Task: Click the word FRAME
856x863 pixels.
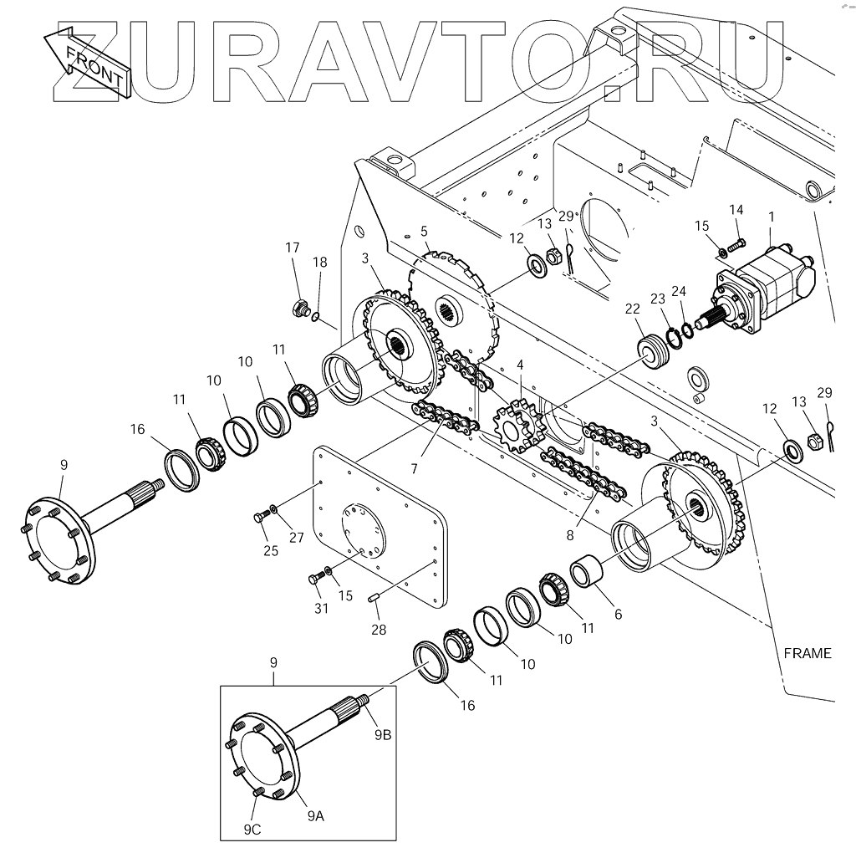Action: click(808, 653)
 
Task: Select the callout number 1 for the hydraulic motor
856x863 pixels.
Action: click(771, 217)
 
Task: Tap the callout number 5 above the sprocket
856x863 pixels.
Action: click(424, 230)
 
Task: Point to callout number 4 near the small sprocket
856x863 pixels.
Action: click(520, 365)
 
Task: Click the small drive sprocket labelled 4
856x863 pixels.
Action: click(515, 424)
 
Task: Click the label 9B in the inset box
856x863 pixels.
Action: click(382, 734)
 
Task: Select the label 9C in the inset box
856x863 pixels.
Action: click(253, 830)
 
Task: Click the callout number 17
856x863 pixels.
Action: click(293, 248)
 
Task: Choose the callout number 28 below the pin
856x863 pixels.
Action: click(380, 630)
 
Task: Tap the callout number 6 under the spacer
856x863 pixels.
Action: click(618, 614)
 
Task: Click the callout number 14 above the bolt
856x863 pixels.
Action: click(736, 209)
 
